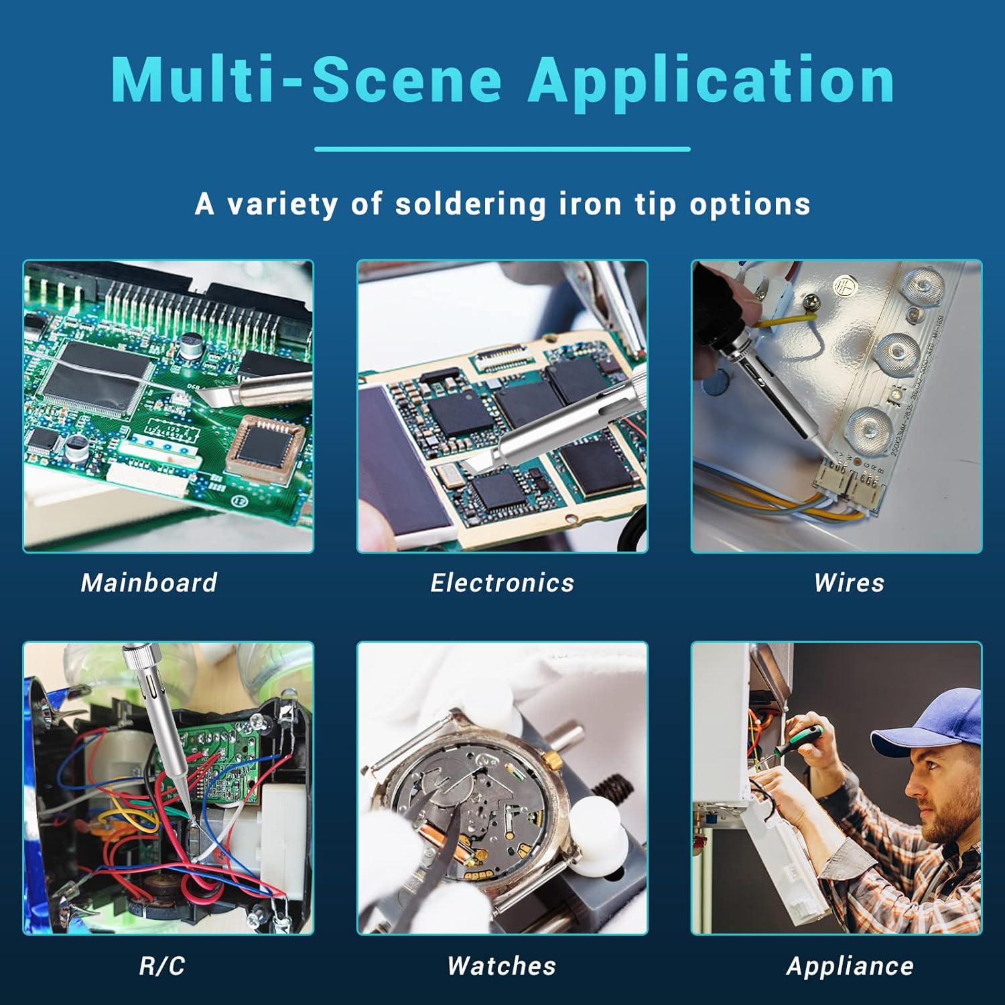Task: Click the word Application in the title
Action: tap(712, 80)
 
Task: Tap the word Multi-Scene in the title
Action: tap(306, 79)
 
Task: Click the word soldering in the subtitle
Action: tap(470, 204)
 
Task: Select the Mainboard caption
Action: tap(149, 582)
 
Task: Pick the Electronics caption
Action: tap(503, 582)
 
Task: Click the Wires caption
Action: tap(850, 582)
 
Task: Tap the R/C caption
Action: tap(162, 965)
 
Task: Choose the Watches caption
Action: tap(502, 965)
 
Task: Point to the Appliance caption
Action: tap(850, 966)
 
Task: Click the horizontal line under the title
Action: tap(503, 149)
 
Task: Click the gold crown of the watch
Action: tap(551, 759)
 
